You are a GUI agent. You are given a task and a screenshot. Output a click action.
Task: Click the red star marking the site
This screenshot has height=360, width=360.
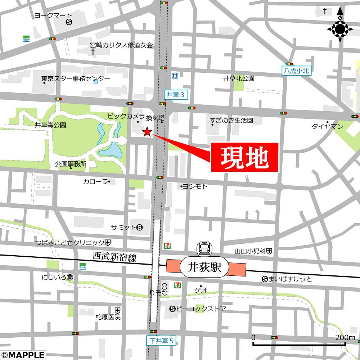click(147, 132)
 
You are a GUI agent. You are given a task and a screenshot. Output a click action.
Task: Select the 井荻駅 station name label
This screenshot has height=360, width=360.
click(204, 267)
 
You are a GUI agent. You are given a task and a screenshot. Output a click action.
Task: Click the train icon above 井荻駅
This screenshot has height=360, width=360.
click(204, 248)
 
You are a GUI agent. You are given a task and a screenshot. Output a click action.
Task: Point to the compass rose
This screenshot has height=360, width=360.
click(339, 29)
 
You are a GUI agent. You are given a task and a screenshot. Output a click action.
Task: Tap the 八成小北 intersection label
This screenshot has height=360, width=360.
click(296, 71)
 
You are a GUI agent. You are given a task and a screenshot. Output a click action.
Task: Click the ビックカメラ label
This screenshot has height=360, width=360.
click(126, 116)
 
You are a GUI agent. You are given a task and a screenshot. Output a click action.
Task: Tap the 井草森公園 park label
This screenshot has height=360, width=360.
click(50, 125)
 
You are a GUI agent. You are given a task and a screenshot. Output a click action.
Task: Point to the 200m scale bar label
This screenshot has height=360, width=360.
click(345, 337)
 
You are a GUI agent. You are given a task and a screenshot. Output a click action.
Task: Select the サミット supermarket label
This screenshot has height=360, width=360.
click(123, 227)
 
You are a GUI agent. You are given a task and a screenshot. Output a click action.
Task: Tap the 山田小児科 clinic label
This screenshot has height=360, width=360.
click(250, 251)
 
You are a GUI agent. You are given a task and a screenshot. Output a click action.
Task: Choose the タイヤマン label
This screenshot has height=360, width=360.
click(327, 126)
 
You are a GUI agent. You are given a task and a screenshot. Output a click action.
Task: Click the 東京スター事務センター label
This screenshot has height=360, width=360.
click(76, 79)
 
